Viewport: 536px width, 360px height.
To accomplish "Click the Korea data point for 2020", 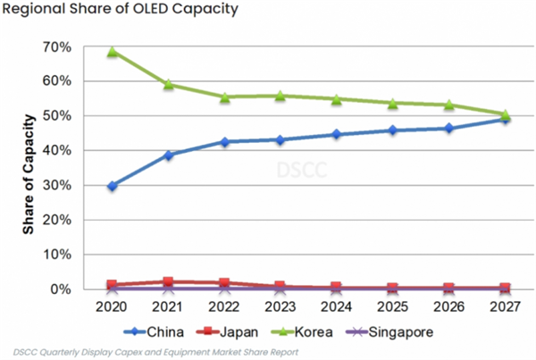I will (x=112, y=52).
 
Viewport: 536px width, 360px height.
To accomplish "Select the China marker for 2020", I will (x=112, y=186).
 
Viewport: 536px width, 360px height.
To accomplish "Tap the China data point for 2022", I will (x=224, y=141).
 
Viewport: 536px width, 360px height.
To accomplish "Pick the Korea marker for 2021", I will (x=168, y=84).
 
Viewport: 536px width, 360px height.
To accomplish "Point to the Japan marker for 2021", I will (x=168, y=282).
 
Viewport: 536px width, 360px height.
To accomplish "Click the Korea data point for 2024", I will (x=336, y=99).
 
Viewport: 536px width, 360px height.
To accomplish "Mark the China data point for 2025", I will (x=392, y=130).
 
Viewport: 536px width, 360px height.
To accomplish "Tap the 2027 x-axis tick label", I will (x=505, y=306).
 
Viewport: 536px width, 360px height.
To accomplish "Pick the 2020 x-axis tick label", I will (x=112, y=306).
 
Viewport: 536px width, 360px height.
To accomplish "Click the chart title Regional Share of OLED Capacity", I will (x=126, y=11).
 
